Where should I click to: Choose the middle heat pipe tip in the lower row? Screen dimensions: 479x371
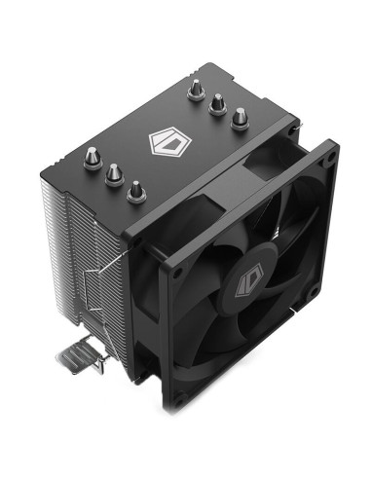coord(113,173)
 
